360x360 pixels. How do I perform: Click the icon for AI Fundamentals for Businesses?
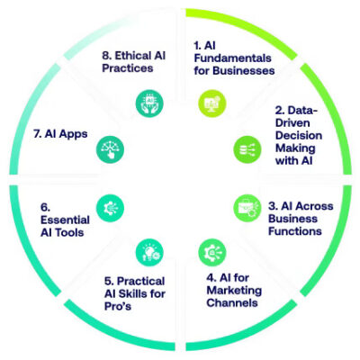(212, 103)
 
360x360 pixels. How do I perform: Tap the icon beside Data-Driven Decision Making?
(247, 149)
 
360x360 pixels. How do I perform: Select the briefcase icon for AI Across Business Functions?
(247, 208)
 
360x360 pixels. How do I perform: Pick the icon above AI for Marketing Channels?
(212, 252)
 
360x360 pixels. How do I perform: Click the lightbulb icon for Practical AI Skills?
(149, 252)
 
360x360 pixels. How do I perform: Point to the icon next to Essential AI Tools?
(110, 208)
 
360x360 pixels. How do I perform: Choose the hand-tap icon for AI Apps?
(110, 149)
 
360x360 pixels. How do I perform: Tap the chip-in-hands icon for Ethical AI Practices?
(149, 103)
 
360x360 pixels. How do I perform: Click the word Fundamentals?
(232, 58)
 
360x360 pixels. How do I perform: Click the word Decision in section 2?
(299, 135)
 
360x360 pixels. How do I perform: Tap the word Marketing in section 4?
(234, 291)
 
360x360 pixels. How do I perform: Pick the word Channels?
(232, 302)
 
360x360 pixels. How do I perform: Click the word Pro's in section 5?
(118, 306)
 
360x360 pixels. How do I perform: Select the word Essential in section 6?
(65, 220)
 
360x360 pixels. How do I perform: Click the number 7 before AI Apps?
(37, 134)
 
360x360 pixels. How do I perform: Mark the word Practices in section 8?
(128, 67)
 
